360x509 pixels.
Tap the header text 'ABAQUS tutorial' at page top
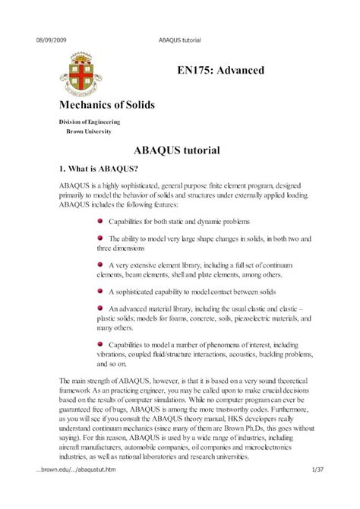(180, 40)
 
